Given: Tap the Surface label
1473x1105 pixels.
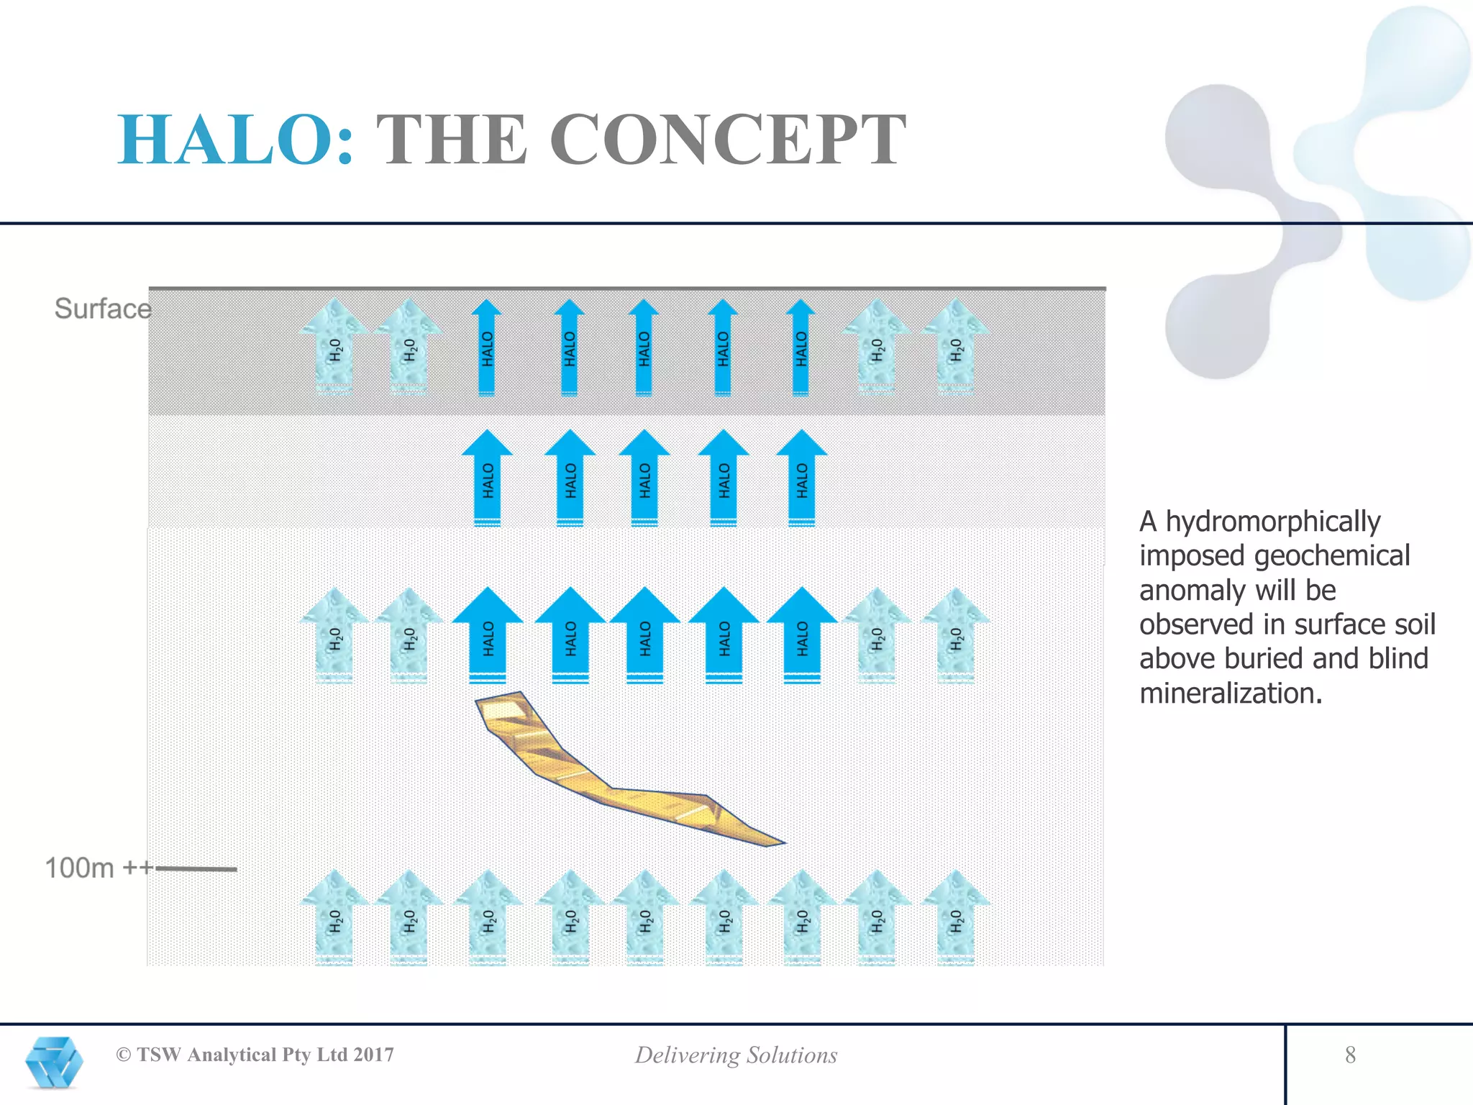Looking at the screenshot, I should pos(103,309).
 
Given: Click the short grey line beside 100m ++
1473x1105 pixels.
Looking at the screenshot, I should pos(196,869).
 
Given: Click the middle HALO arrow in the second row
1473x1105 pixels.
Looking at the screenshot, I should pos(644,478).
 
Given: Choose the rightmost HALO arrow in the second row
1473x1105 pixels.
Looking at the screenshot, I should pos(802,478).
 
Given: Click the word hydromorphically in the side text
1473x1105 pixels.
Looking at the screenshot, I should pos(1272,522).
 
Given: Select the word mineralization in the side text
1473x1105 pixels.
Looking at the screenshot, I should pos(1230,694).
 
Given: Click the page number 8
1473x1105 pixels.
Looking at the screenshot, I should pos(1350,1055).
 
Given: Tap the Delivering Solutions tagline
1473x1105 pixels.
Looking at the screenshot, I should pos(736,1055).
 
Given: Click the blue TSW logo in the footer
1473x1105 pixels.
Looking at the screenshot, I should pos(54,1062).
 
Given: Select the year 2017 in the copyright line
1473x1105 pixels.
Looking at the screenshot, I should pos(373,1055).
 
